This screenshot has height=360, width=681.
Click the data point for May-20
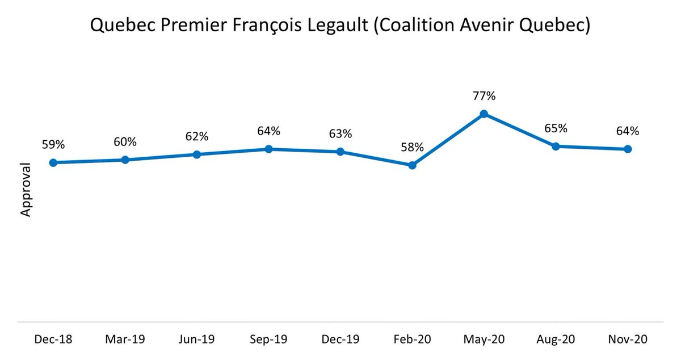(484, 114)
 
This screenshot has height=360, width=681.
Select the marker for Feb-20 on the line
(412, 165)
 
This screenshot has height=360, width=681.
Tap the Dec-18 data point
(53, 162)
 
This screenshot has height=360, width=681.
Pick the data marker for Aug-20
(556, 146)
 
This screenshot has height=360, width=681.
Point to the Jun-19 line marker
(197, 154)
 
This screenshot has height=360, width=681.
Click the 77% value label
(484, 95)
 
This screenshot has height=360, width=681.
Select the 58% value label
(412, 147)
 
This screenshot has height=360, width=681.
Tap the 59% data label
(53, 144)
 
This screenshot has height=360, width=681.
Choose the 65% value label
(556, 128)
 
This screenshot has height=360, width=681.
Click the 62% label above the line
(197, 136)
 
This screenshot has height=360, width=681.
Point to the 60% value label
(125, 141)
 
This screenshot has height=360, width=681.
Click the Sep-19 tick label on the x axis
(268, 339)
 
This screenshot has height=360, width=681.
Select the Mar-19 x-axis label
(125, 339)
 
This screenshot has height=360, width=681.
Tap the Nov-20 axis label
(627, 339)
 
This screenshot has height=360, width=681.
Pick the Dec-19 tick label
(340, 339)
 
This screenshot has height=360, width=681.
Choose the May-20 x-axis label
(484, 339)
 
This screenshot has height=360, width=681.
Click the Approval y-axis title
(26, 190)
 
